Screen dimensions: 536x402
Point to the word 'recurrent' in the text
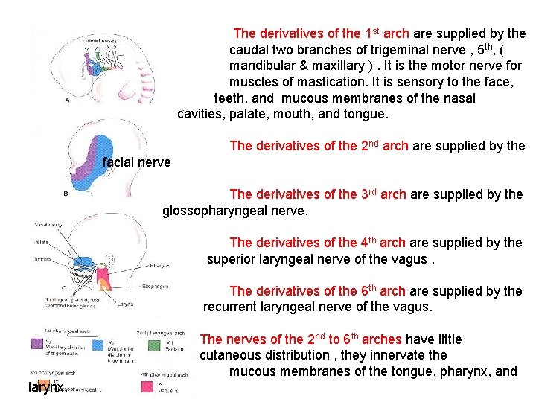coord(230,307)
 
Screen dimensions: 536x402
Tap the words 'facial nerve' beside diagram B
coord(136,162)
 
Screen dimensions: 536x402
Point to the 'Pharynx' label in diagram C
coord(159,265)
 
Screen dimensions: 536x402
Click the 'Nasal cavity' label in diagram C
coord(47,224)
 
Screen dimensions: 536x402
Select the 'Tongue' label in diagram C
coord(42,259)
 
